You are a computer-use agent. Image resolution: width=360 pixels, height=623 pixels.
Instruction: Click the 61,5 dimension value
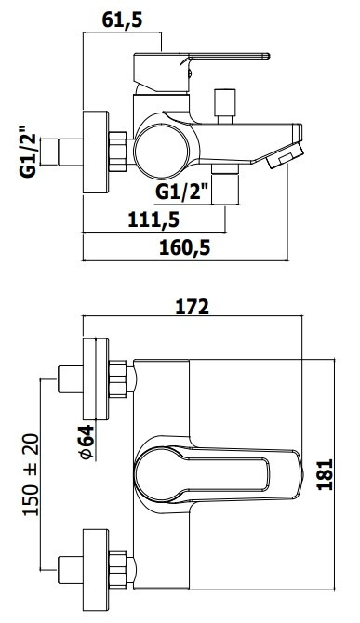(x=122, y=20)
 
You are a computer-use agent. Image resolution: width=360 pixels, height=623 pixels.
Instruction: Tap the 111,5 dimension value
(x=153, y=219)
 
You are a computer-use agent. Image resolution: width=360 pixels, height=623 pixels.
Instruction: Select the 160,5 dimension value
(x=185, y=248)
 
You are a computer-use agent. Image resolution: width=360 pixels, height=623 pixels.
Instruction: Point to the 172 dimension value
(x=193, y=307)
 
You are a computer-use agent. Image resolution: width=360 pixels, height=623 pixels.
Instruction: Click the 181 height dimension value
(x=325, y=474)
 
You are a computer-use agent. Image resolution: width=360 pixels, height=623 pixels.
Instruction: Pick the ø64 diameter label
(x=87, y=442)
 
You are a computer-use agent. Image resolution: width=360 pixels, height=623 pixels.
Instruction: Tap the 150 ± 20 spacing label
(x=31, y=475)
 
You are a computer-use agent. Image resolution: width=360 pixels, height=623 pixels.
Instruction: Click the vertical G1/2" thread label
(x=28, y=152)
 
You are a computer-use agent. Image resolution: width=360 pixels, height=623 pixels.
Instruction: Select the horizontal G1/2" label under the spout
(x=182, y=192)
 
